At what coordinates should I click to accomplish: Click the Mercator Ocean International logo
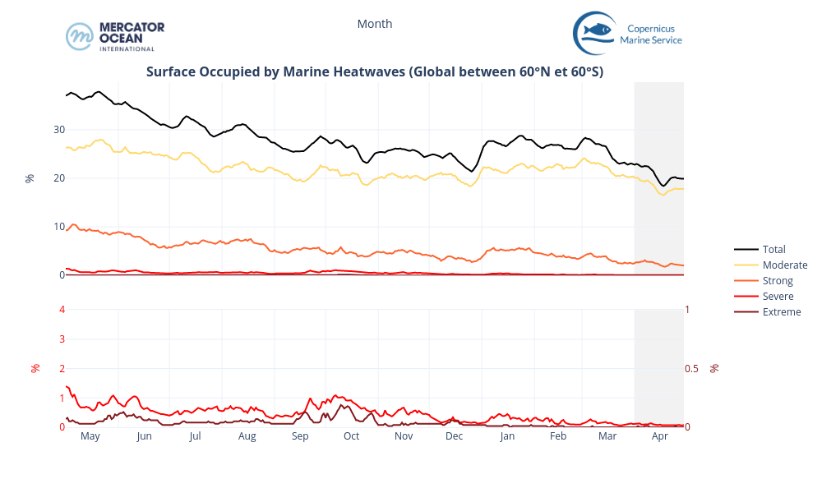point(115,36)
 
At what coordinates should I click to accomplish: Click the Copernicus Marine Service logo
point(627,34)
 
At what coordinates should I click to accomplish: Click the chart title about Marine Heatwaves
point(375,71)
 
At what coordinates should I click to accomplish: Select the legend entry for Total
point(774,249)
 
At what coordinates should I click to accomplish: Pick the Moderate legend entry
point(784,265)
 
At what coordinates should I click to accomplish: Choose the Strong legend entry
point(778,281)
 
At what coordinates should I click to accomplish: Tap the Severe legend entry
point(778,296)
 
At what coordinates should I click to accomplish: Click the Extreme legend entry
point(781,311)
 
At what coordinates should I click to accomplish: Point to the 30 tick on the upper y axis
point(59,130)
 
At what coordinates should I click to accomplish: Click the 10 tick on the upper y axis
point(59,227)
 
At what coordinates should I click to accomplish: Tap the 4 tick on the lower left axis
point(62,310)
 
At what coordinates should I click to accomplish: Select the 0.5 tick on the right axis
point(692,368)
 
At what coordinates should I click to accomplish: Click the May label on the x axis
point(90,436)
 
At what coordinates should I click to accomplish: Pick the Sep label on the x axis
point(300,436)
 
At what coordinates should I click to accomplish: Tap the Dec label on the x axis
point(455,436)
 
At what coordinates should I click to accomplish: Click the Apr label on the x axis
point(659,436)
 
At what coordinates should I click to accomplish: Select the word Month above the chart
point(375,24)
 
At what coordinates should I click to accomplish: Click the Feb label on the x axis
point(558,436)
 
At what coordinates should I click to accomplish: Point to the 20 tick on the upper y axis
point(59,178)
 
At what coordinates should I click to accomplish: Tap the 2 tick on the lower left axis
point(62,368)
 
